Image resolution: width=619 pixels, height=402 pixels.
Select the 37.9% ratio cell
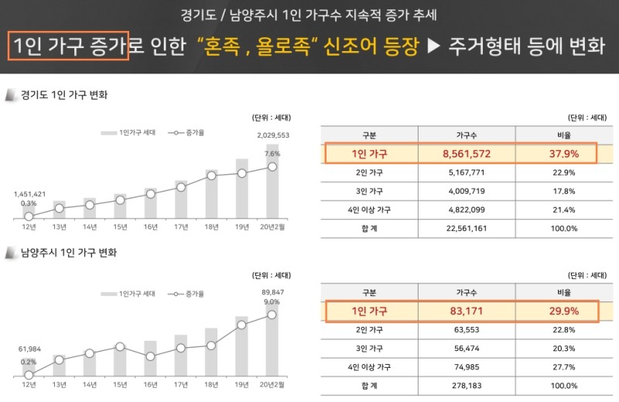(566, 154)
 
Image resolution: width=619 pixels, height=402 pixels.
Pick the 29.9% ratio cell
(566, 311)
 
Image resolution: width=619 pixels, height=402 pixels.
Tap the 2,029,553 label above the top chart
(273, 135)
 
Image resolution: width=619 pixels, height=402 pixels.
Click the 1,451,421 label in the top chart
(30, 194)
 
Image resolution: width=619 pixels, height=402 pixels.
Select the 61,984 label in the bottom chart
(30, 351)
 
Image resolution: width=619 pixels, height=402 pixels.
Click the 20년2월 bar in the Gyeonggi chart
(272, 181)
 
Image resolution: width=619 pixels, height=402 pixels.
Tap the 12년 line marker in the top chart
(29, 216)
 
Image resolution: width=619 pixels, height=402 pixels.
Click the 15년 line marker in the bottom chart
(120, 347)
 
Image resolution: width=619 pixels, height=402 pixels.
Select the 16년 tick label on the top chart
(150, 226)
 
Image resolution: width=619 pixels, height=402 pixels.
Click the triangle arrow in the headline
(434, 47)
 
